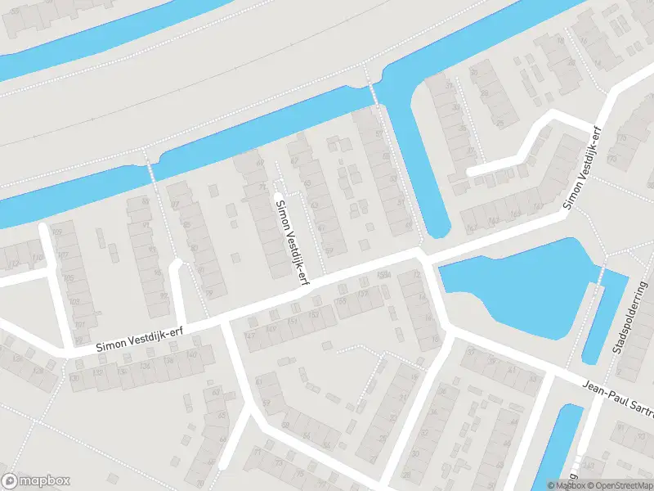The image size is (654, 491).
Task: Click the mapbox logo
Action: pyautogui.click(x=36, y=481)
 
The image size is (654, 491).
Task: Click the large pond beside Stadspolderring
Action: pyautogui.click(x=523, y=286)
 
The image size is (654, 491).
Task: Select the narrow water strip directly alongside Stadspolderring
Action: pyautogui.click(x=605, y=319)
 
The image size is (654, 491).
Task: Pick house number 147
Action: pyautogui.click(x=250, y=336)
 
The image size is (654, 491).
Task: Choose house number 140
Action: pyautogui.click(x=192, y=354)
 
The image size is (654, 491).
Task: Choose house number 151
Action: pyautogui.click(x=293, y=322)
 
